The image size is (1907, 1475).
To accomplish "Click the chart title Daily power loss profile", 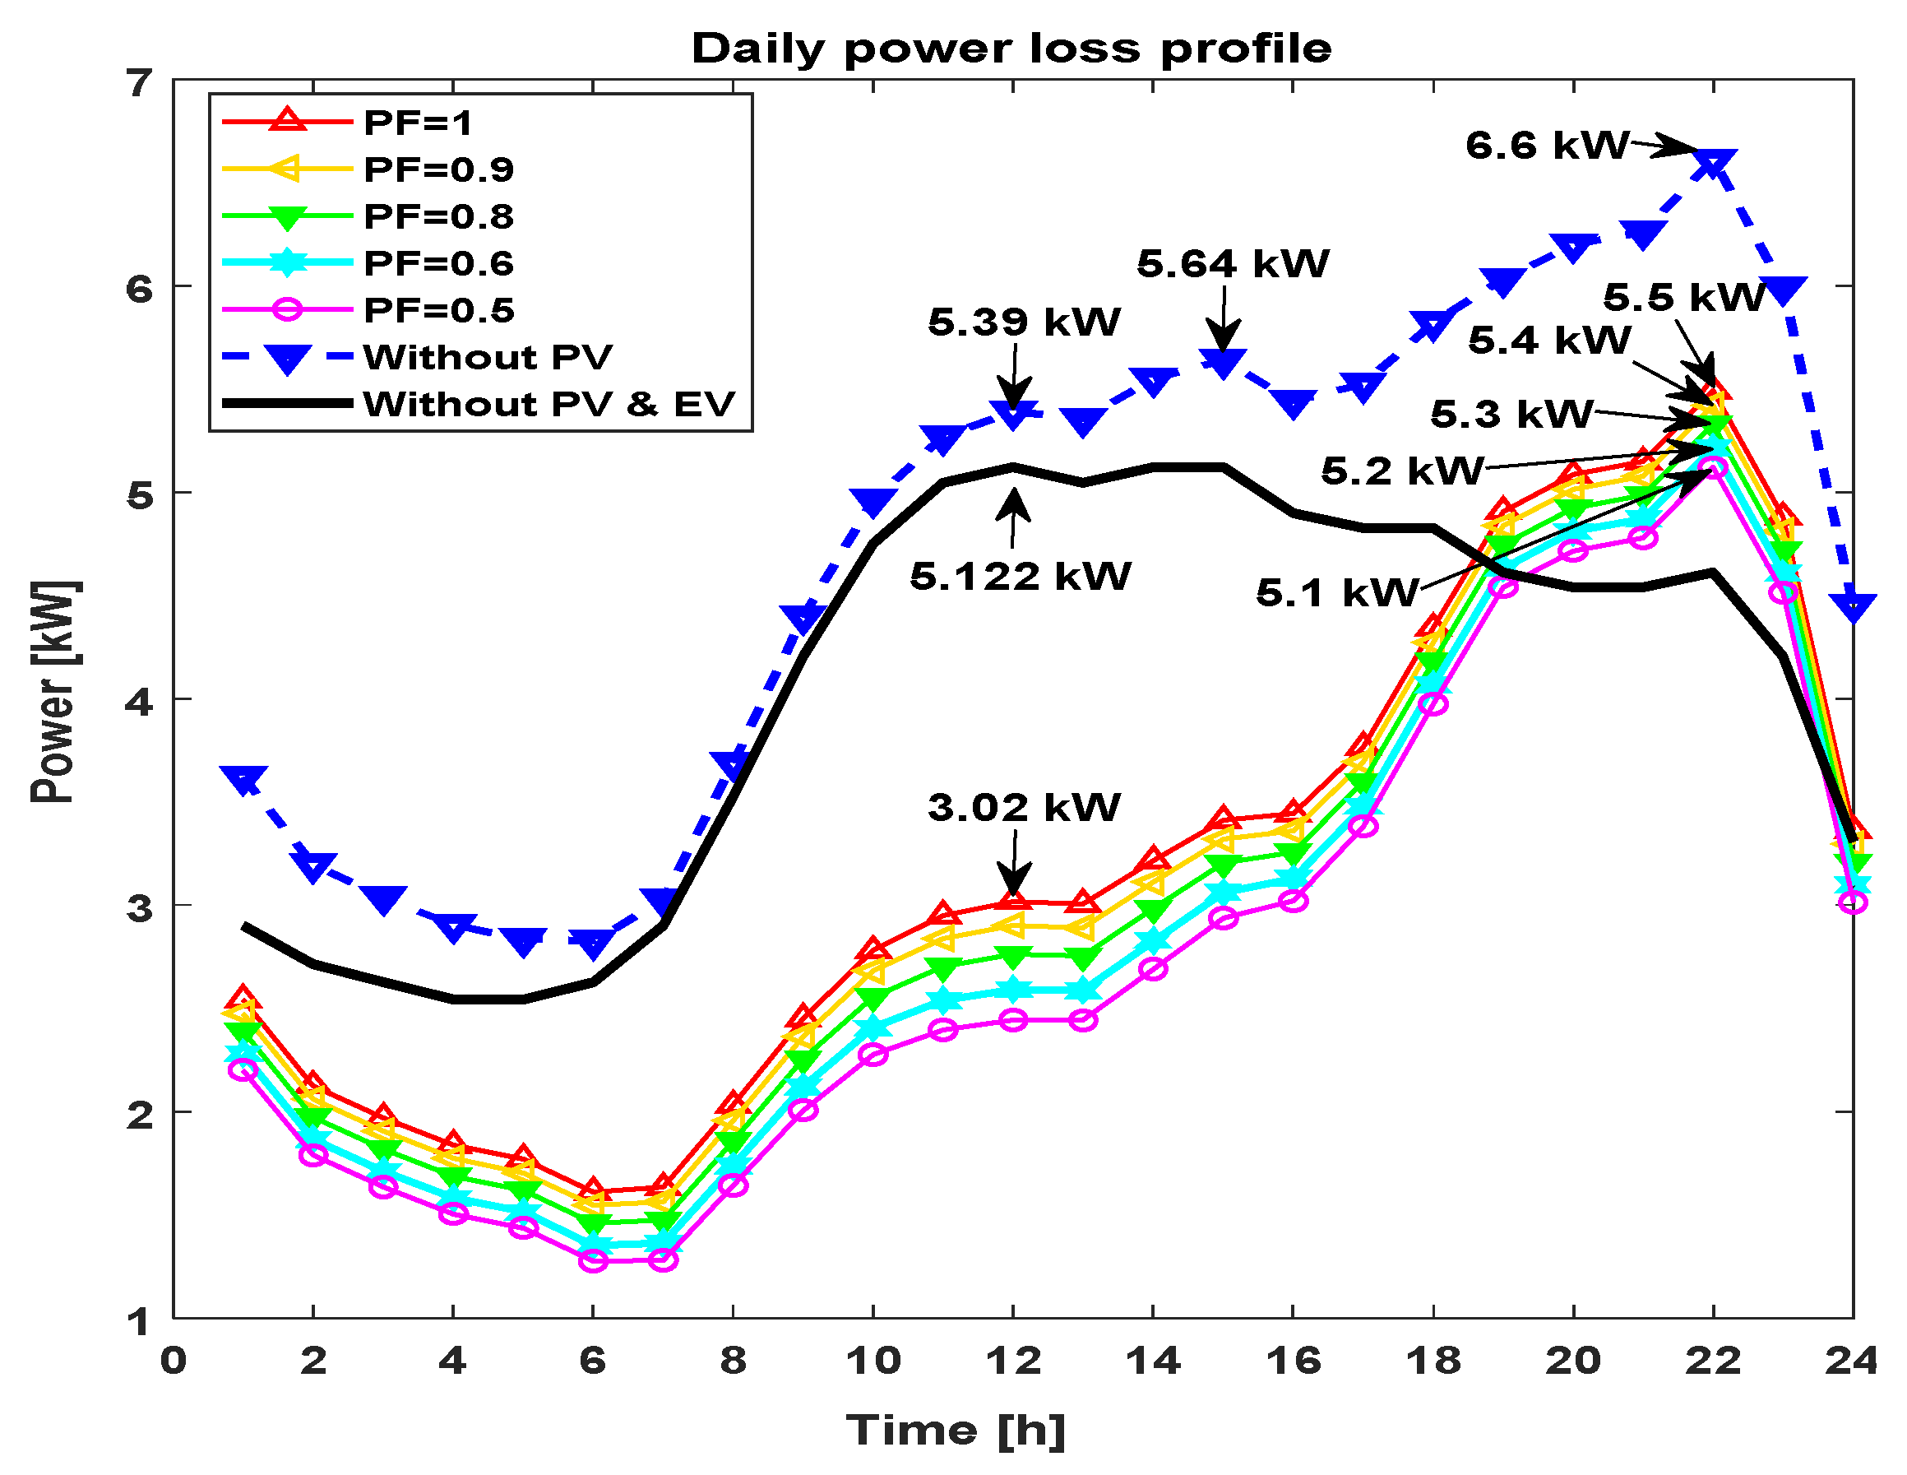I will [1011, 49].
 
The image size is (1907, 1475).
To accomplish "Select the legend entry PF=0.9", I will [438, 169].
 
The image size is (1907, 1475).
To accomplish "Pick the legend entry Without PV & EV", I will [549, 405].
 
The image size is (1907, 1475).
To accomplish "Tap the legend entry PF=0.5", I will [438, 310].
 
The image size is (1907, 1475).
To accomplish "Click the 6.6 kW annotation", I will [1546, 146].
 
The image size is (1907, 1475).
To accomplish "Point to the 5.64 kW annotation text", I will [1232, 264].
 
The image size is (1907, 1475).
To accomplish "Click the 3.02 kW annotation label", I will [1023, 808].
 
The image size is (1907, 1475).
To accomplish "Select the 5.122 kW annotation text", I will [1020, 577].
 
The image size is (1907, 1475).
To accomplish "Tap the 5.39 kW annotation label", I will [1023, 322].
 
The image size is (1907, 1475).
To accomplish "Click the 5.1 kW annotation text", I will [1336, 594].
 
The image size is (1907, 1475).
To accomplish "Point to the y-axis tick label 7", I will [140, 85].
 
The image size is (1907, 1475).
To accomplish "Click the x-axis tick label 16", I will [1294, 1361].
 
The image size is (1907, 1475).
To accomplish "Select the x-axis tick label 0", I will [173, 1361].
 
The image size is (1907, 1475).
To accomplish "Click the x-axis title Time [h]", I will [956, 1431].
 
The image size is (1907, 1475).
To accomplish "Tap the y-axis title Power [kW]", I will [54, 692].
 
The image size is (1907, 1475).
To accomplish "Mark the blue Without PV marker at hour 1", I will [243, 777].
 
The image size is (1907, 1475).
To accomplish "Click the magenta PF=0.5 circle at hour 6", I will [594, 1260].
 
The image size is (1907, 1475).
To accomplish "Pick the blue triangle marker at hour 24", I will [1852, 606].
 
